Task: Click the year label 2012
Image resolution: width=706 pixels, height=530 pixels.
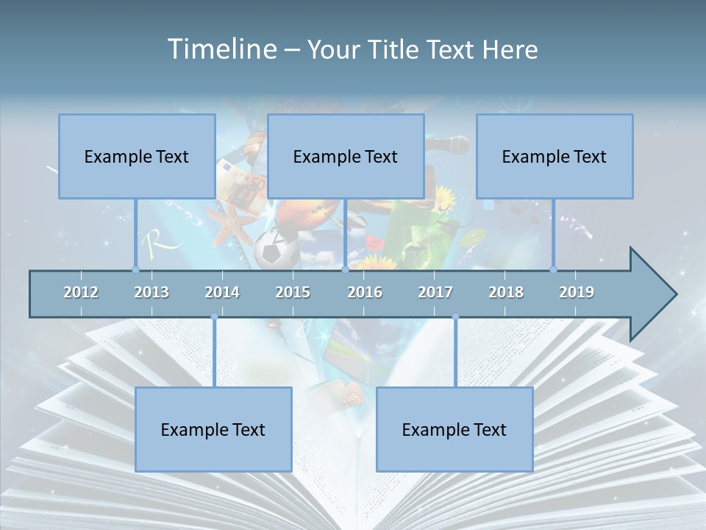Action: tap(81, 292)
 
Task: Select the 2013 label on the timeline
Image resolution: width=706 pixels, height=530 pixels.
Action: tap(151, 292)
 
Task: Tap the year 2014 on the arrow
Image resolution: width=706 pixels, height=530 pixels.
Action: tap(222, 292)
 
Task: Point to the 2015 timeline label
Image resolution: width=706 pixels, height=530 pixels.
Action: tap(293, 292)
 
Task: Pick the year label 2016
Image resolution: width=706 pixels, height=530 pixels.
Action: tap(365, 292)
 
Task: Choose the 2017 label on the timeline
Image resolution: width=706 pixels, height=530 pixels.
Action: tap(435, 292)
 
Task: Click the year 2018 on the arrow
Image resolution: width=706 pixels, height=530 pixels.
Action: tap(506, 292)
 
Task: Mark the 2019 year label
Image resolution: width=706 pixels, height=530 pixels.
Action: tap(577, 292)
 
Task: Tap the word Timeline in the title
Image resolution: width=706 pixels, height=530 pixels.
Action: tap(221, 49)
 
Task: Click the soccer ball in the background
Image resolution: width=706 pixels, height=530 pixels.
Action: tap(277, 250)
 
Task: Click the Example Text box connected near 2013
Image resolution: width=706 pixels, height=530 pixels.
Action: tap(137, 156)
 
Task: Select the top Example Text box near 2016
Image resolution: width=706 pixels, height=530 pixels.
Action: tap(346, 156)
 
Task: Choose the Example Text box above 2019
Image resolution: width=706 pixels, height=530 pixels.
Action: tap(555, 156)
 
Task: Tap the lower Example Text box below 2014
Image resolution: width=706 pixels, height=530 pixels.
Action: tap(213, 429)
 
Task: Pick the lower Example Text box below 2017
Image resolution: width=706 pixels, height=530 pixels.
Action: tap(454, 429)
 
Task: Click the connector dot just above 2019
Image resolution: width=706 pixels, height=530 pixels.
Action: tap(554, 269)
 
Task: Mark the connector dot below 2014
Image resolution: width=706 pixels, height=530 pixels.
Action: tap(214, 317)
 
